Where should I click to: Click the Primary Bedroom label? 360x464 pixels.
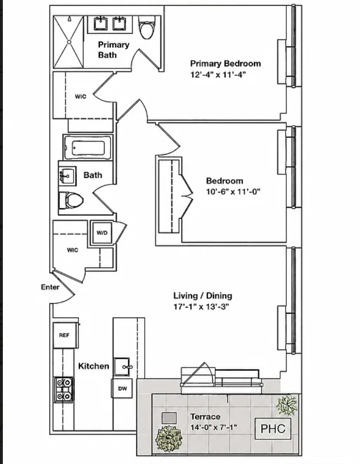click(226, 63)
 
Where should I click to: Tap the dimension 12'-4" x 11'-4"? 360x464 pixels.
click(218, 74)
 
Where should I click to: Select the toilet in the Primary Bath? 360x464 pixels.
click(147, 27)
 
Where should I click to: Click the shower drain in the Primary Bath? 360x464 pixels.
click(69, 42)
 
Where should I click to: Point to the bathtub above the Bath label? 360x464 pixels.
click(88, 148)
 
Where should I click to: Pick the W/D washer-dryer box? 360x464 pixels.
click(102, 232)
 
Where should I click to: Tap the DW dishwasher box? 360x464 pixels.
click(122, 388)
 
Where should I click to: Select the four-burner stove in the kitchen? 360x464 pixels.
click(64, 390)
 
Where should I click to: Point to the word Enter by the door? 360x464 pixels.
click(50, 287)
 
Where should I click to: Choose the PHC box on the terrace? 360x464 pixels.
click(273, 428)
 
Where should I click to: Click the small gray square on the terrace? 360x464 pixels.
click(169, 418)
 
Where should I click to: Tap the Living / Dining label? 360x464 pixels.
click(203, 295)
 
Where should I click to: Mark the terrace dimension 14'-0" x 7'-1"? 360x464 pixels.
click(213, 427)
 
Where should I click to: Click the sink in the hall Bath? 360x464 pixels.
click(67, 176)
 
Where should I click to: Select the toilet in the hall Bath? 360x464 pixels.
click(71, 200)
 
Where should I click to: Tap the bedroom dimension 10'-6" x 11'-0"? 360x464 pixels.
click(233, 192)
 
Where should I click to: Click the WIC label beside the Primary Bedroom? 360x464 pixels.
click(80, 96)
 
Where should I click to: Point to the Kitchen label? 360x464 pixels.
click(94, 366)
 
